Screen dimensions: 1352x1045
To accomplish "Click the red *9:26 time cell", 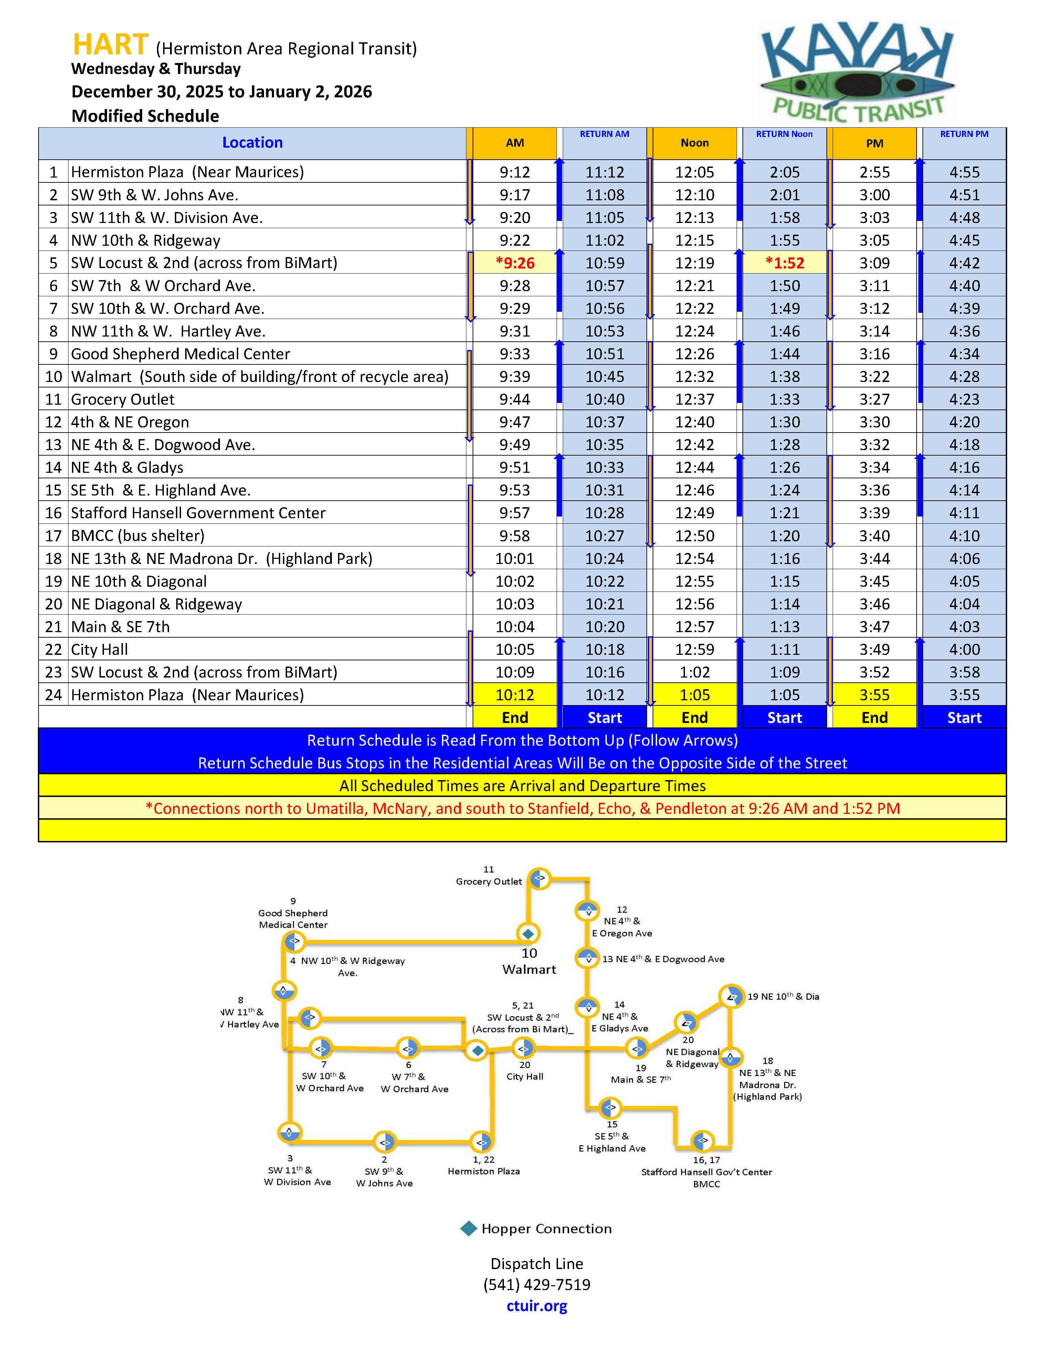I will tap(515, 263).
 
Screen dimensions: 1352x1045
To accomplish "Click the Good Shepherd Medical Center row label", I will tap(180, 354).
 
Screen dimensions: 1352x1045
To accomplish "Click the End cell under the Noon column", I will tap(695, 717).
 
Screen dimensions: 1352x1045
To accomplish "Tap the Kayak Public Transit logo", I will tap(857, 73).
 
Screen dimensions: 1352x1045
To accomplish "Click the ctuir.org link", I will tap(537, 1306).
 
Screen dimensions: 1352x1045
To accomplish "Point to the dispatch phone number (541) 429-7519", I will tap(537, 1285).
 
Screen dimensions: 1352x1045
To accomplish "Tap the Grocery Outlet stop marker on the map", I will tap(539, 878).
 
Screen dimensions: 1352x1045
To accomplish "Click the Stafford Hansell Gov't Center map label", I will tap(706, 1172).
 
